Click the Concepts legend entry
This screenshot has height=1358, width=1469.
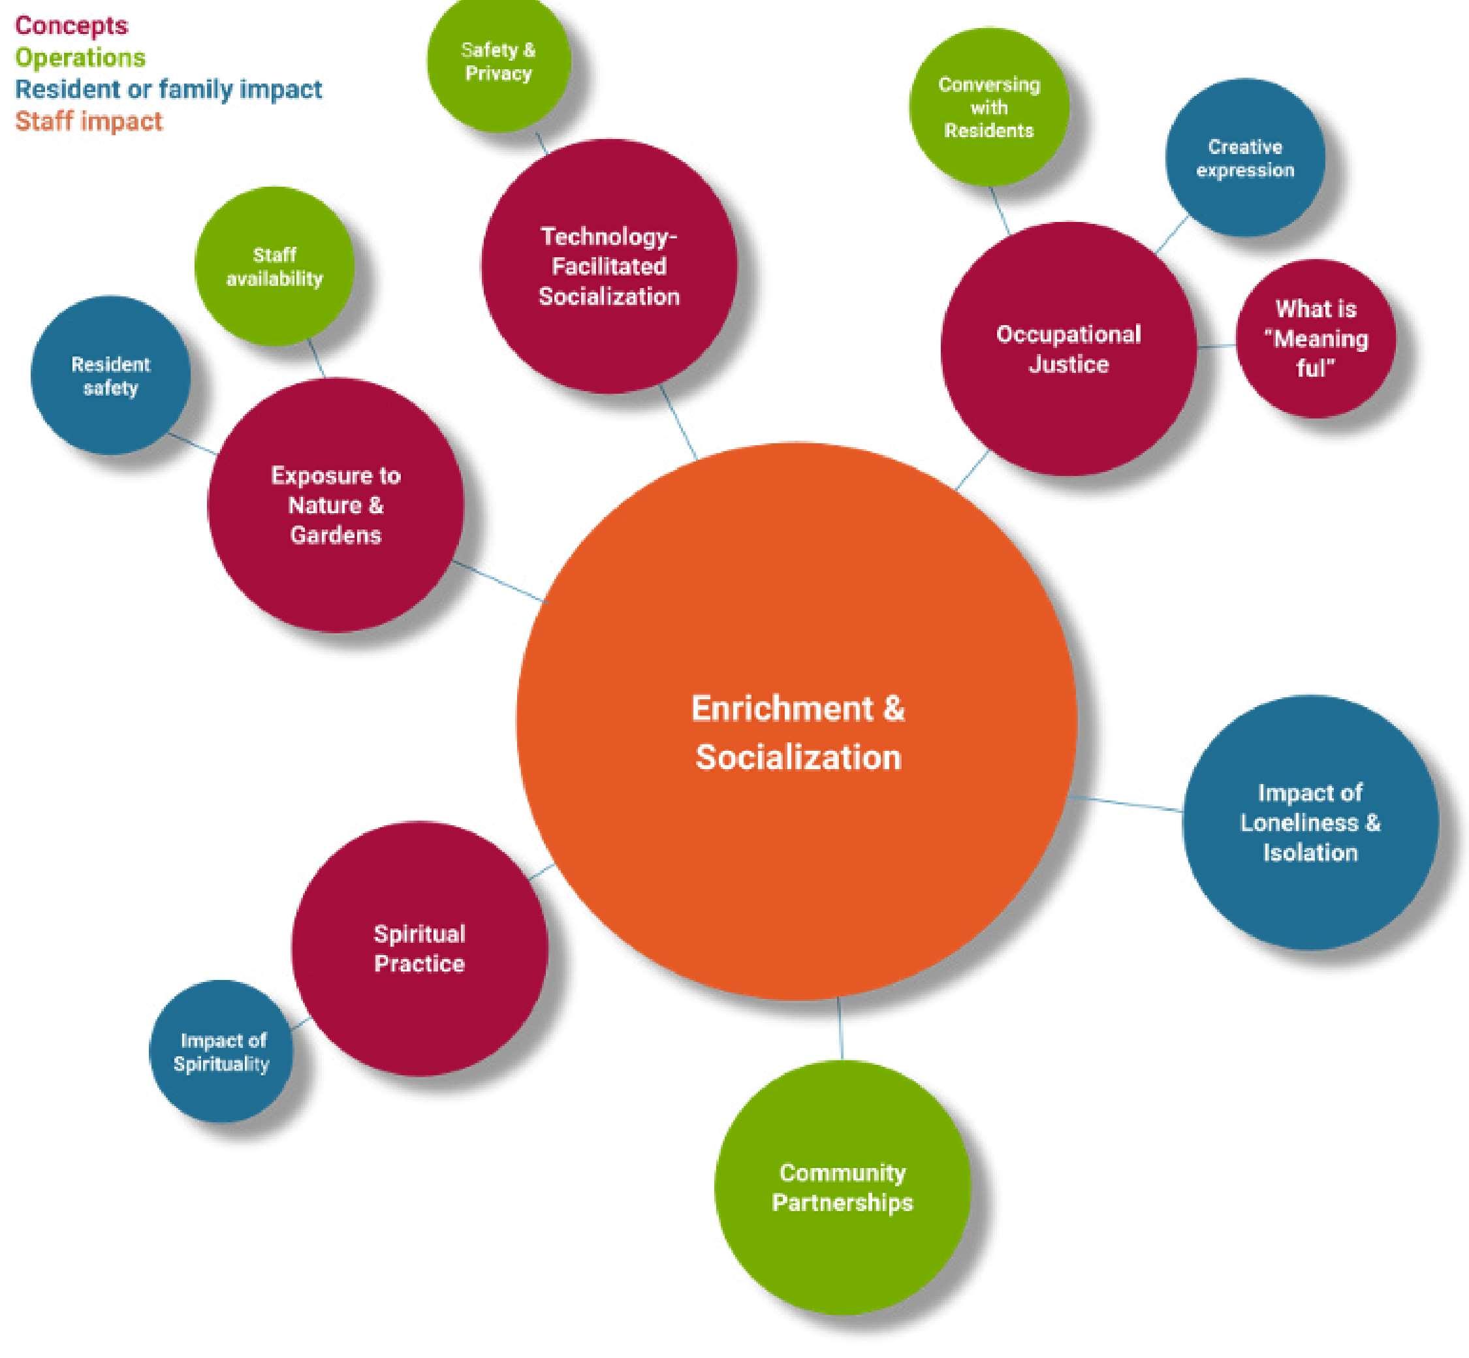[x=71, y=25]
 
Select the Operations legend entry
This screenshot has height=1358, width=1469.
[x=80, y=57]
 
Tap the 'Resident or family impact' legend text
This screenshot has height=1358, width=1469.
[x=168, y=89]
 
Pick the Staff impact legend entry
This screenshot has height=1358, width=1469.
[x=88, y=121]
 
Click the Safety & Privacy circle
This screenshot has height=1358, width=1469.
[x=498, y=62]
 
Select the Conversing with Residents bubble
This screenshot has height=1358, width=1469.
[x=988, y=107]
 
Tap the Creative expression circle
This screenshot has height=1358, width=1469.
[x=1245, y=158]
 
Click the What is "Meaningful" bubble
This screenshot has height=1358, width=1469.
[x=1315, y=339]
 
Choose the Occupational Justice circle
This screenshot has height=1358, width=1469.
[x=1067, y=349]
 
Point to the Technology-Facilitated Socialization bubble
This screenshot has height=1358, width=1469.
[x=608, y=266]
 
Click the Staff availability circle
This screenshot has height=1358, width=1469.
[x=274, y=267]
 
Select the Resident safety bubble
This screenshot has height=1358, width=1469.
[x=110, y=375]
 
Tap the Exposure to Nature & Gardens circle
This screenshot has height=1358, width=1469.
[x=336, y=505]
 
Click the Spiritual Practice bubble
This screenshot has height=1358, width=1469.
[x=420, y=949]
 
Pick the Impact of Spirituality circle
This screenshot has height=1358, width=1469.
[x=221, y=1052]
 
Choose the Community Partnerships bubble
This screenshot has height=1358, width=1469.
[x=842, y=1188]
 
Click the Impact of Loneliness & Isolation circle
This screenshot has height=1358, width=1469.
[x=1310, y=822]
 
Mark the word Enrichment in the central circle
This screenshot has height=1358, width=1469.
[x=781, y=709]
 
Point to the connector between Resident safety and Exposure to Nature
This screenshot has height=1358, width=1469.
[x=193, y=444]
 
